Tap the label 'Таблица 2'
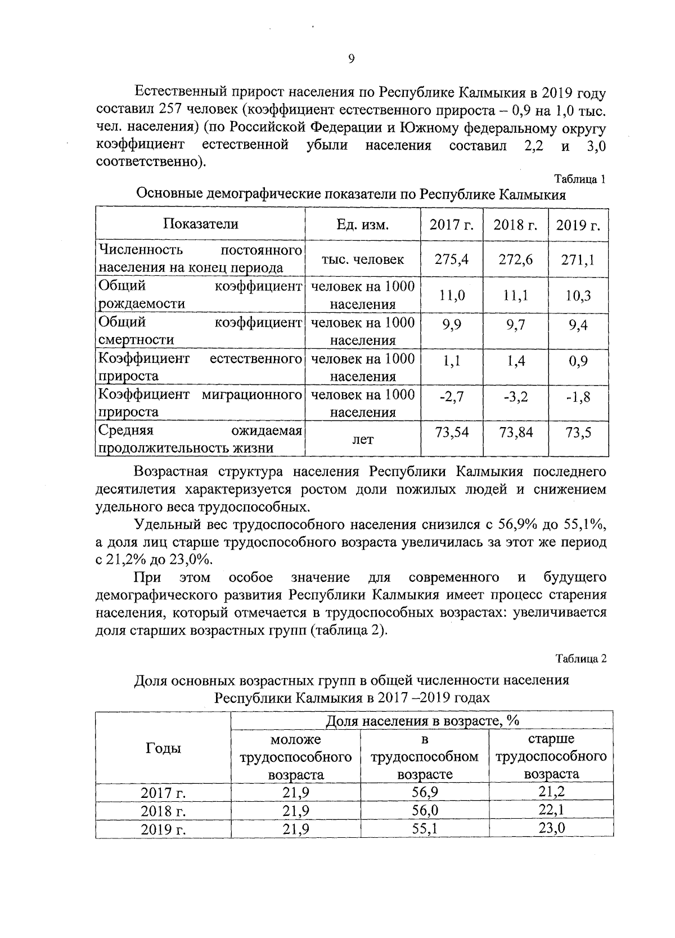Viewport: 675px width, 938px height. [581, 658]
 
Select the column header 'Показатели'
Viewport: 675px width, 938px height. [201, 224]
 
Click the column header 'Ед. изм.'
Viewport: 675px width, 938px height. [362, 225]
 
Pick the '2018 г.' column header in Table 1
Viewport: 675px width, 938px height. [515, 225]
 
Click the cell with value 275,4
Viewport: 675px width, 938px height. [452, 259]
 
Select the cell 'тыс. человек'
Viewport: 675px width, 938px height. [362, 259]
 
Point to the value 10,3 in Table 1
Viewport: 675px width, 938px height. [578, 295]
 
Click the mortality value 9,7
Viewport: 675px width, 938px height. [515, 325]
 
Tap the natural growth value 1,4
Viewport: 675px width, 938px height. [515, 361]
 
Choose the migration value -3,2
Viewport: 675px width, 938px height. [515, 397]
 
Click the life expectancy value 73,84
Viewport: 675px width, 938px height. [515, 433]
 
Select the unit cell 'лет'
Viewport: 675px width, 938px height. [362, 440]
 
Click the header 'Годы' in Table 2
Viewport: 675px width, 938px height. [163, 748]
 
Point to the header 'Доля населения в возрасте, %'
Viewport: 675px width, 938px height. [422, 721]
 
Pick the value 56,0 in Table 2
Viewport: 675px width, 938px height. [425, 810]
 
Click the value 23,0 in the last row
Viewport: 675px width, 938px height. [551, 828]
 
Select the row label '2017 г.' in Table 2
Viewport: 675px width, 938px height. [163, 793]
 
